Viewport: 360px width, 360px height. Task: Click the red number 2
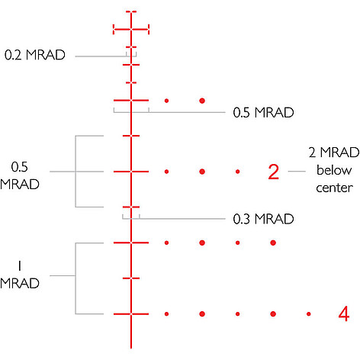pos(274,172)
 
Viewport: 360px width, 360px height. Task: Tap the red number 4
pos(344,313)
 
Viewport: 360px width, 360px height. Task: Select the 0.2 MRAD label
pos(35,55)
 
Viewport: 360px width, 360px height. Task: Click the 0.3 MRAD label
pos(263,219)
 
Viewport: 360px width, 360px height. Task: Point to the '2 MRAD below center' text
pos(334,170)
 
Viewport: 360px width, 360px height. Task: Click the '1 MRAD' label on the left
pos(20,275)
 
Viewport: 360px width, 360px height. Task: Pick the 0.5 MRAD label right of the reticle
pos(263,112)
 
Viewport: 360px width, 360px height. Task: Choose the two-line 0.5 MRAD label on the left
pos(20,175)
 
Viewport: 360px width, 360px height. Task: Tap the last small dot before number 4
pos(309,314)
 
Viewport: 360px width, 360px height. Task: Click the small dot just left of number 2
pos(237,172)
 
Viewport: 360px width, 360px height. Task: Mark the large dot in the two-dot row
pos(202,101)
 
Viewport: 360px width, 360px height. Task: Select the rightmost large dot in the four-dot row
pos(273,243)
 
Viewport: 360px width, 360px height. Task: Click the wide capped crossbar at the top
pos(131,30)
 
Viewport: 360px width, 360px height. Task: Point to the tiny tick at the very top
pos(131,11)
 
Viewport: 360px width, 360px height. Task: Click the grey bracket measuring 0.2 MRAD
pos(131,54)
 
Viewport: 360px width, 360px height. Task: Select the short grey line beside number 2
pos(297,172)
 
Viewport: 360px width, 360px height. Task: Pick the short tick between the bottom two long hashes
pos(131,278)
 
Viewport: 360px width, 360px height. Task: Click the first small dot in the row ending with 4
pos(166,314)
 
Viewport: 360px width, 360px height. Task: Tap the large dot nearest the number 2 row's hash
pos(202,172)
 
